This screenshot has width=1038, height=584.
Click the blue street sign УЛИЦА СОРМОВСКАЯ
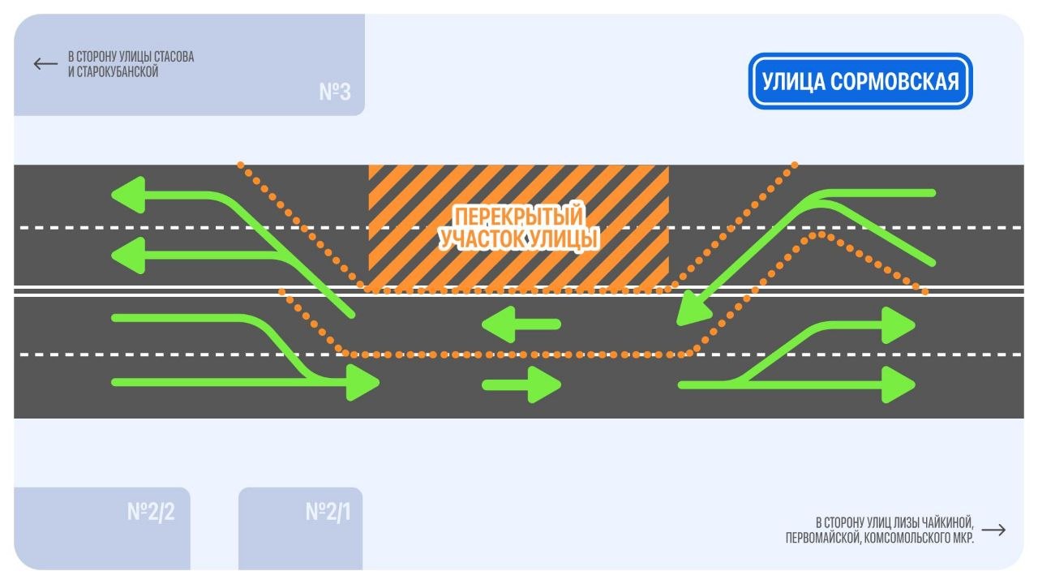pos(860,81)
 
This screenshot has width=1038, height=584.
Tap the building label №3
pos(334,92)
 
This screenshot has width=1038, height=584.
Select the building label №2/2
pos(151,512)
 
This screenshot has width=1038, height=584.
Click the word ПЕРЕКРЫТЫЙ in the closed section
pos(518,217)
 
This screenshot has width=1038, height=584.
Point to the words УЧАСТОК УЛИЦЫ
pos(518,240)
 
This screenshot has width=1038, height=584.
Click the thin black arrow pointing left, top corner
pos(45,63)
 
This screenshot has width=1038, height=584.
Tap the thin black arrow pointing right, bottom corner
pos(993,530)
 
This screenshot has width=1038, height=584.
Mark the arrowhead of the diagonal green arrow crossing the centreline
pos(689,311)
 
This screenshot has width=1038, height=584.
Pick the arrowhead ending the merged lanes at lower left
pos(362,383)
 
